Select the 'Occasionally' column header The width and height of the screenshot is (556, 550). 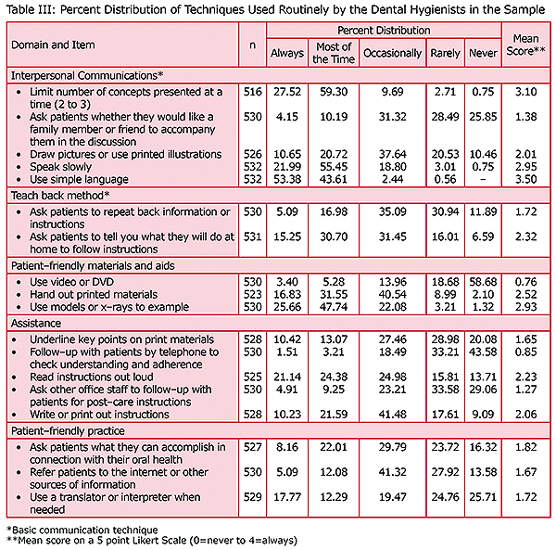[x=393, y=53]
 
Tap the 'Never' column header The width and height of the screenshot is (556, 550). [x=482, y=53]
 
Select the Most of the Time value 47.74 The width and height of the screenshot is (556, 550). [x=333, y=307]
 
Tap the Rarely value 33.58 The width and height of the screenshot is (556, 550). [x=446, y=390]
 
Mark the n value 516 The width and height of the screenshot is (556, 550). [x=247, y=94]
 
